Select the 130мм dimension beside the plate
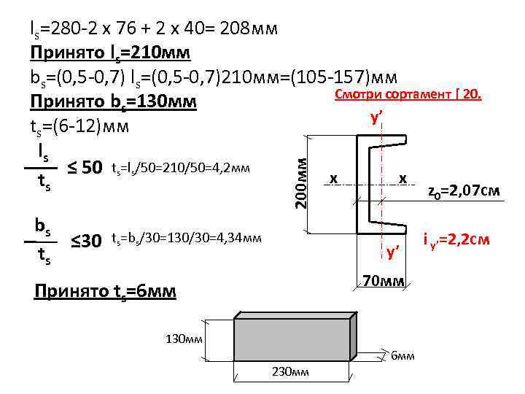click(x=184, y=339)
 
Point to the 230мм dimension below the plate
click(x=290, y=372)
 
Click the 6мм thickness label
click(x=402, y=355)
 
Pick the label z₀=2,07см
click(x=463, y=192)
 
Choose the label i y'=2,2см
click(x=456, y=240)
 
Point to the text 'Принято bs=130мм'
click(x=113, y=101)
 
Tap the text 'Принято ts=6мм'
click(x=105, y=291)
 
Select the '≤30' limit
click(x=85, y=240)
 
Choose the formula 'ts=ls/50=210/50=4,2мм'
click(x=181, y=169)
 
